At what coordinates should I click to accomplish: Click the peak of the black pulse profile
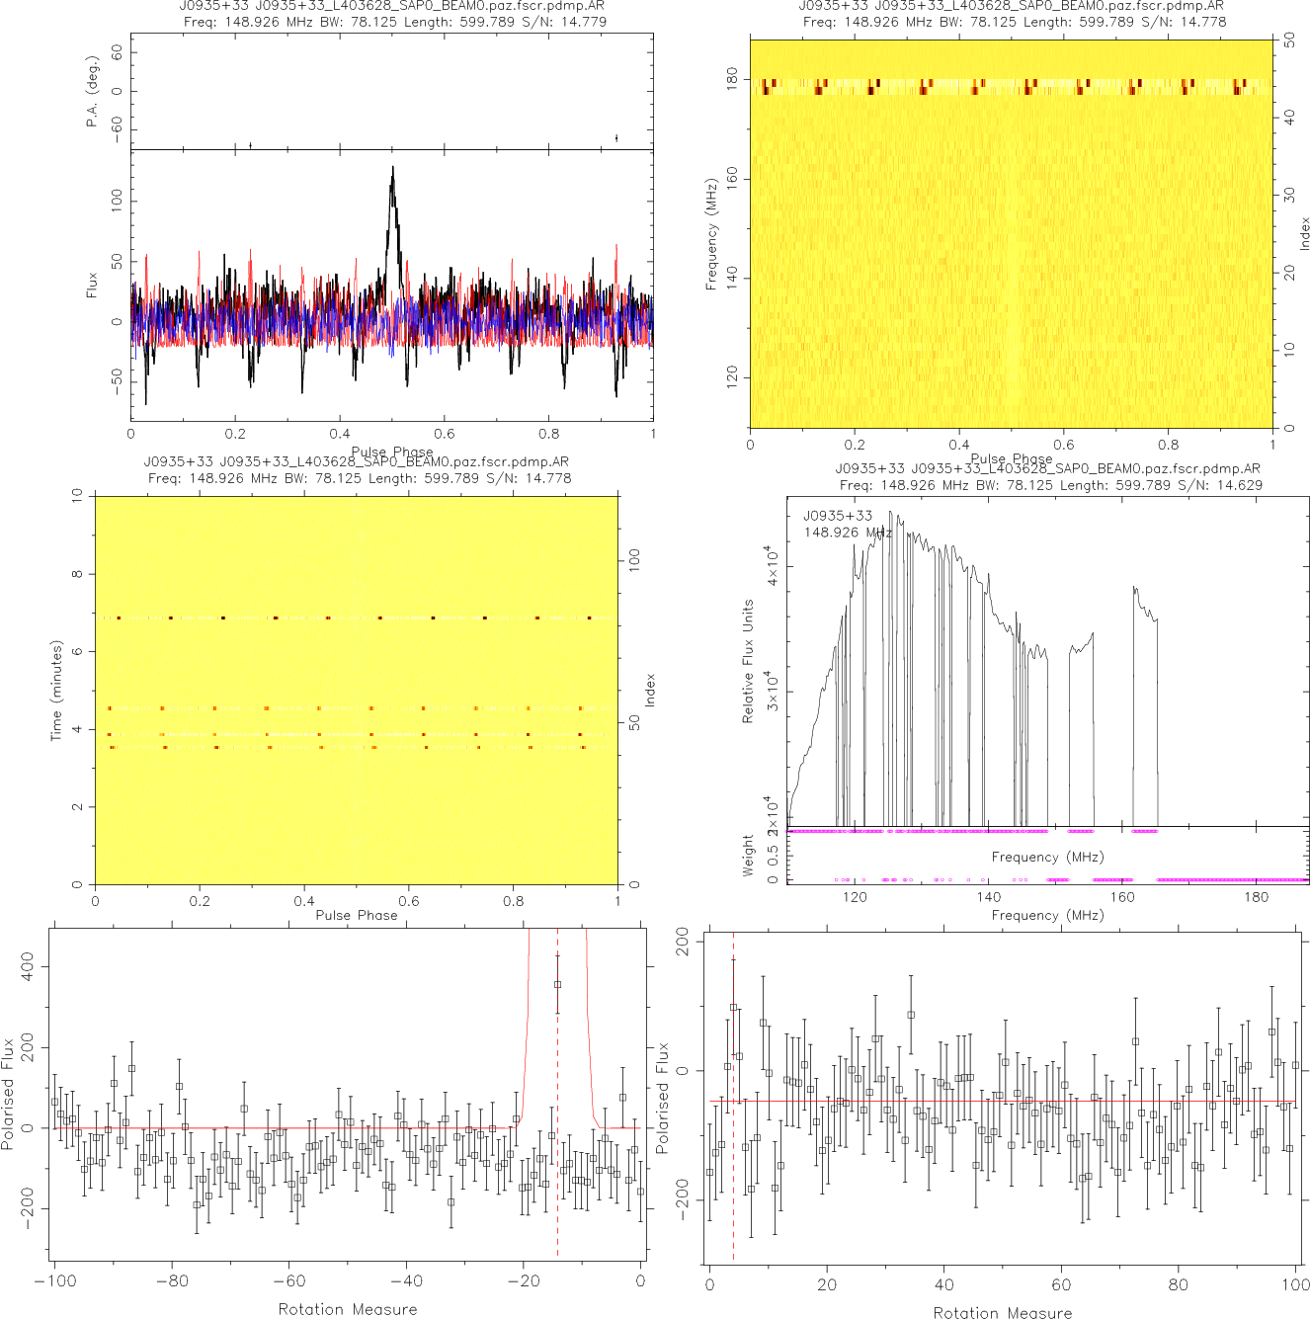tap(392, 168)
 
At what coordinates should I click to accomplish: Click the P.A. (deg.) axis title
tap(93, 91)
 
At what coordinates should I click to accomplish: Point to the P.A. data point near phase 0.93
tap(616, 138)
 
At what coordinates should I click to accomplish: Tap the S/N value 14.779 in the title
tap(583, 21)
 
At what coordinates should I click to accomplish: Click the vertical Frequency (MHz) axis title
tap(710, 234)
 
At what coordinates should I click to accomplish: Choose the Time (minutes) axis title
tap(56, 691)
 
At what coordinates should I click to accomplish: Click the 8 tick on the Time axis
tap(77, 574)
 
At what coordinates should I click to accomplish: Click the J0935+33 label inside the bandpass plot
tap(838, 516)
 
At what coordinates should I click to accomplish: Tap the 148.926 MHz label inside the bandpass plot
tap(848, 533)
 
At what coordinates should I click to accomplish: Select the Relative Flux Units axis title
tap(748, 661)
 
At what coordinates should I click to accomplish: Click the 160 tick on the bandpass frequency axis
tap(1122, 897)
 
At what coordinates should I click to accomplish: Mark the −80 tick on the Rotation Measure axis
tap(172, 1281)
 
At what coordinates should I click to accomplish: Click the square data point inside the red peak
tap(557, 984)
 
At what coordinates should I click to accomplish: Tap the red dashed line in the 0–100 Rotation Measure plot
tap(733, 1166)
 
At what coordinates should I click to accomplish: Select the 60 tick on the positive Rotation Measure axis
tap(1061, 1284)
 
